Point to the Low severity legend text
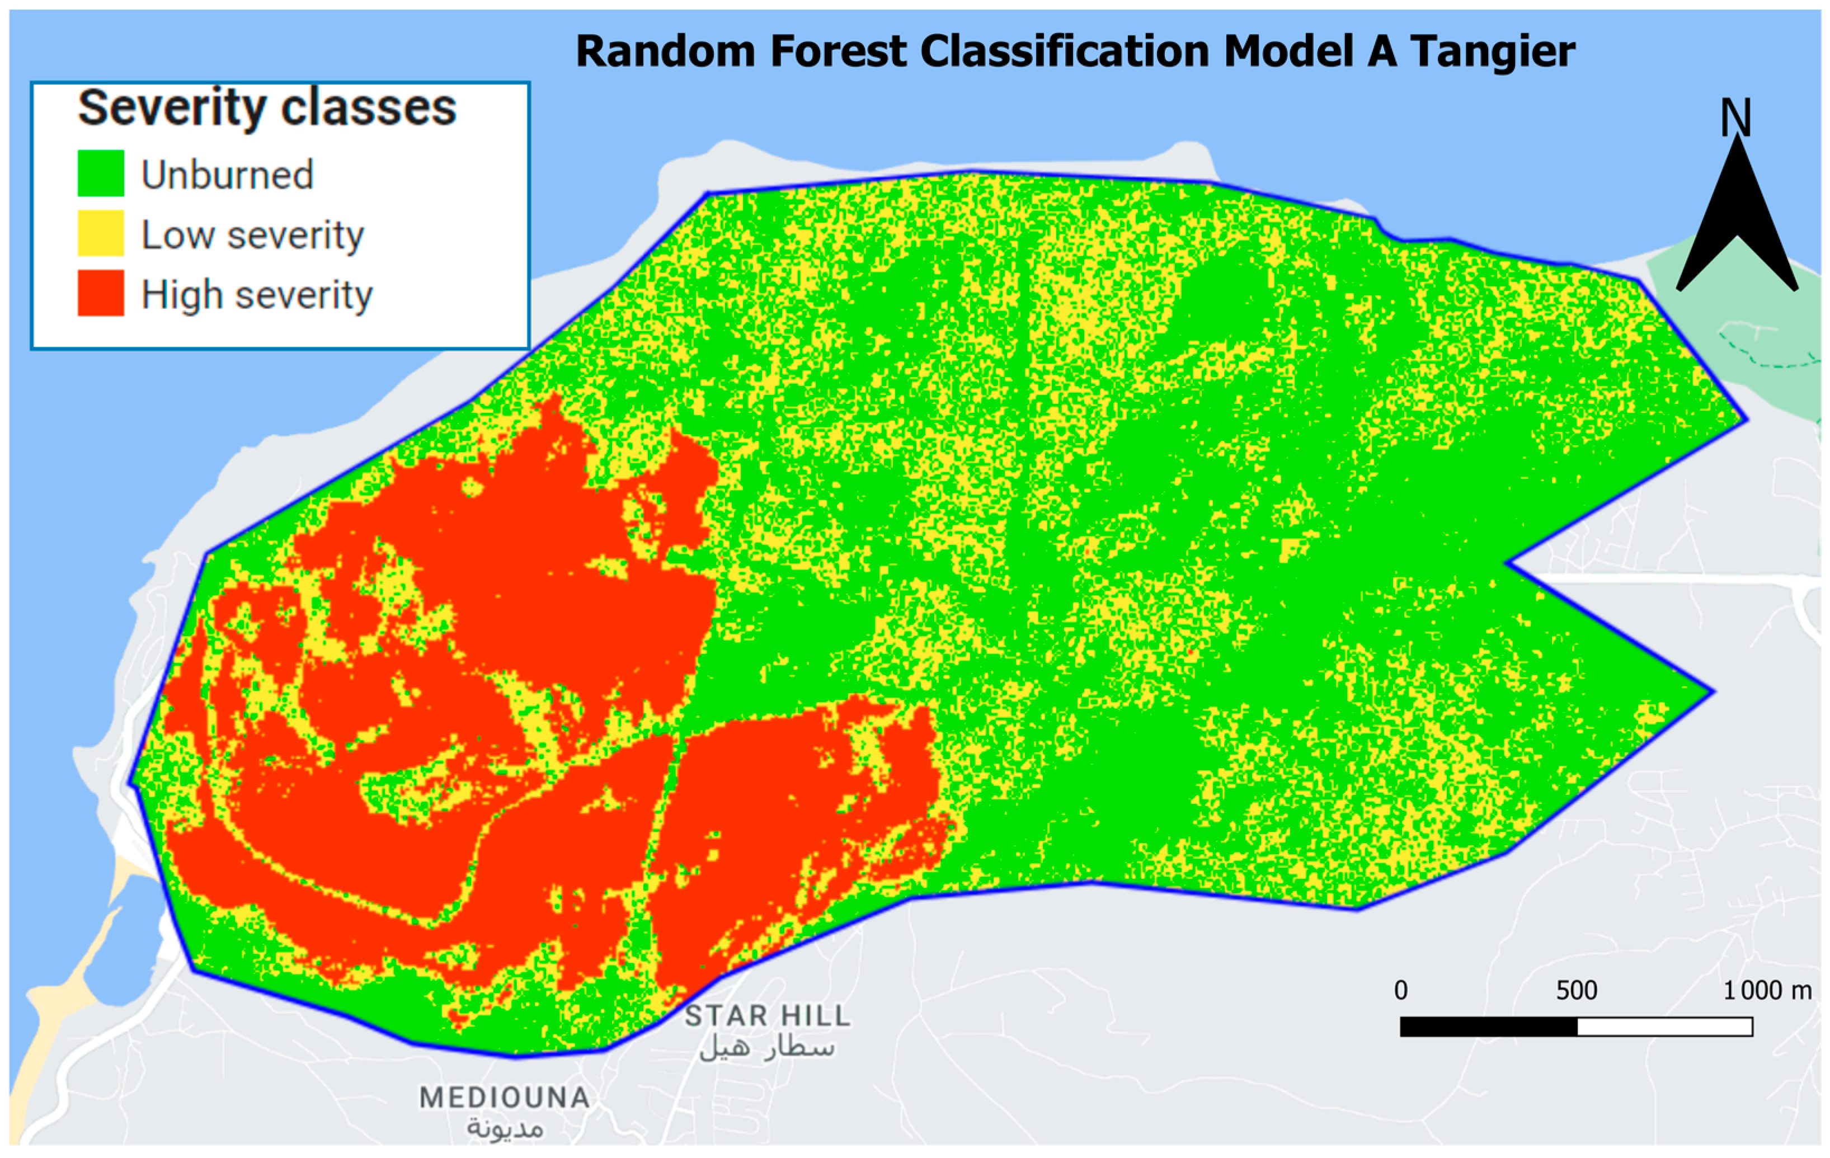tap(252, 235)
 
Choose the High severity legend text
tap(257, 295)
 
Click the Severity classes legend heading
tap(267, 108)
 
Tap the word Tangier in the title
tap(1493, 51)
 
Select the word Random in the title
tap(666, 51)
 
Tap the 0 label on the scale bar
tap(1401, 991)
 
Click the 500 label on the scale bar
tap(1576, 991)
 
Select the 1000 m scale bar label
tap(1767, 991)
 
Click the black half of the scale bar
tap(1488, 1027)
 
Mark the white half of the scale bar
tap(1664, 1027)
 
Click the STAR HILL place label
tap(768, 1016)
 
